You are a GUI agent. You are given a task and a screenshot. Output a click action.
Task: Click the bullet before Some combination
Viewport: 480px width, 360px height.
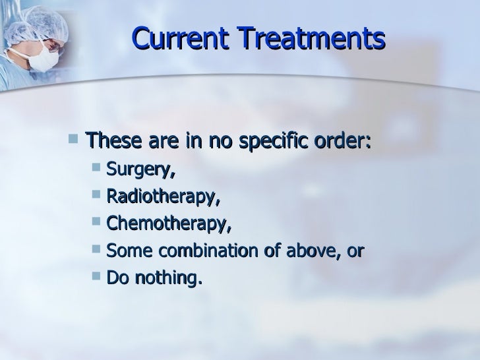coord(96,252)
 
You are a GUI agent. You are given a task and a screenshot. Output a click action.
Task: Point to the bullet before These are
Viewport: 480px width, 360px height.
coord(73,141)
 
